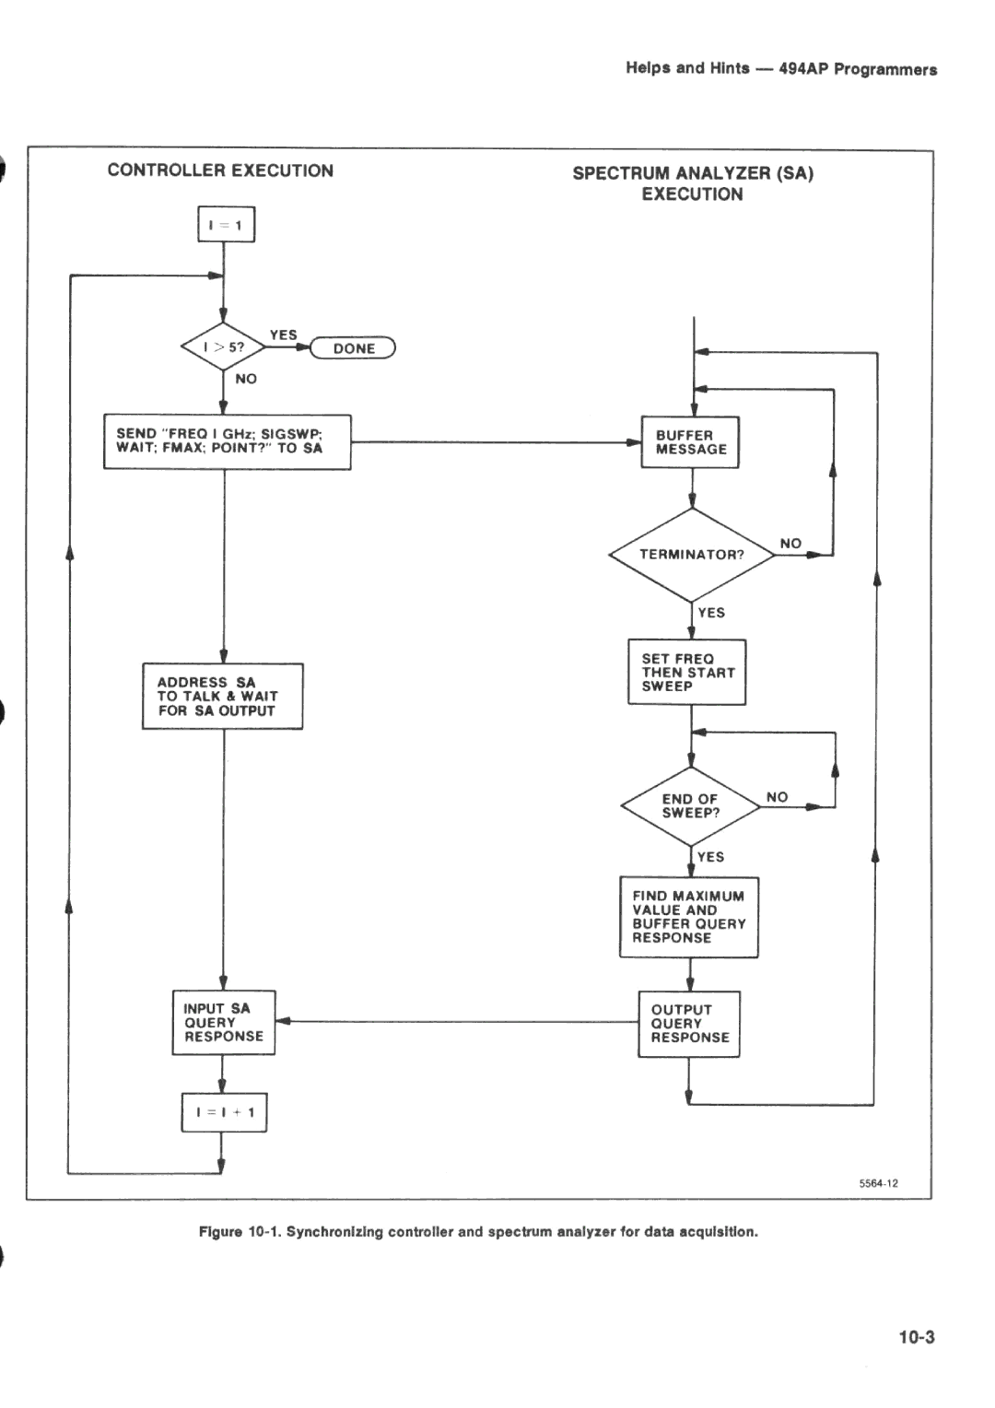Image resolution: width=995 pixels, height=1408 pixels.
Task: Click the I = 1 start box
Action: click(x=226, y=225)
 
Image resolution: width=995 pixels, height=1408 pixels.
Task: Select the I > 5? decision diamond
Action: click(x=224, y=347)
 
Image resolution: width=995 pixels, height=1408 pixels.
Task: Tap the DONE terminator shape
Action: click(x=354, y=348)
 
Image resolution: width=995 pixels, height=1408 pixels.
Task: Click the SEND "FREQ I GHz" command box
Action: click(x=227, y=441)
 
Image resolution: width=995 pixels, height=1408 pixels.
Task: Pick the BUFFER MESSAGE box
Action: click(x=690, y=442)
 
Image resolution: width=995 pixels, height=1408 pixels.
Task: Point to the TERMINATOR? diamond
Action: click(x=691, y=555)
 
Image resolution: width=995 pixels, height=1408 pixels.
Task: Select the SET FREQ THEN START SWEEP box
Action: click(x=687, y=673)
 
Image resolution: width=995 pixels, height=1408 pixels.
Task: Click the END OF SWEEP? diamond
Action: click(x=690, y=806)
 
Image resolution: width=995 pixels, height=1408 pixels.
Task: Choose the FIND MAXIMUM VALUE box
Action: click(x=688, y=917)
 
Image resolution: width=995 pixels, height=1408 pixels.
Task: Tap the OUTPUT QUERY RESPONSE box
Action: click(x=689, y=1024)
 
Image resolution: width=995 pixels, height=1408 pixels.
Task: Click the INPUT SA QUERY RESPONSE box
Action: click(x=223, y=1023)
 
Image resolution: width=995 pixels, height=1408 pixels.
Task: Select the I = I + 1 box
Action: click(x=224, y=1112)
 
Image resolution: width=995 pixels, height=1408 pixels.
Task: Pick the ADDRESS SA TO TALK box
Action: click(x=222, y=697)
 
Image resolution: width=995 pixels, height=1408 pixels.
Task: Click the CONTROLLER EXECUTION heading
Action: click(x=220, y=170)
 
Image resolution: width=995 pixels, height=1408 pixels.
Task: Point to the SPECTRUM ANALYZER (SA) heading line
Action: click(x=693, y=173)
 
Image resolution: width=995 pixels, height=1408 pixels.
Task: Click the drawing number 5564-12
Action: click(x=879, y=1184)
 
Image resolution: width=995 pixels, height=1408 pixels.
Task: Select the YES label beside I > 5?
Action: click(x=283, y=335)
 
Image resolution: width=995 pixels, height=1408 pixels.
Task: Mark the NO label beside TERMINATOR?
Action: click(x=790, y=544)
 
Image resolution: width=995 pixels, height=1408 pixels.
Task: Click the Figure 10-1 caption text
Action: click(x=478, y=1232)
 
